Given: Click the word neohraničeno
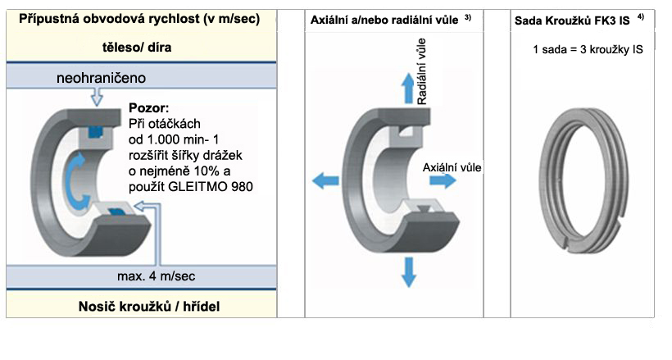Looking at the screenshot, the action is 101,78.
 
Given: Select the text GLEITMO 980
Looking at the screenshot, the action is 211,187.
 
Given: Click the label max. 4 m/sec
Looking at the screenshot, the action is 156,276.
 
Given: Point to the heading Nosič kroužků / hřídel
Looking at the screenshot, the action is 149,307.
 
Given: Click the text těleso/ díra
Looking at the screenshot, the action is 137,48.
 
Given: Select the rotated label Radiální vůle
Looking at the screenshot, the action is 422,71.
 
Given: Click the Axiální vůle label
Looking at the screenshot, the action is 452,167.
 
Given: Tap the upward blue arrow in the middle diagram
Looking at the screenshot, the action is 408,89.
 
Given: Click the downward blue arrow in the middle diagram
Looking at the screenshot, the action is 409,272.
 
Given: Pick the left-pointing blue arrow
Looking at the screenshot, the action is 325,180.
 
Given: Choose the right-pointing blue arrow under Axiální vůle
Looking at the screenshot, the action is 443,180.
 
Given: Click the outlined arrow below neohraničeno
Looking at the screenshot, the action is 98,97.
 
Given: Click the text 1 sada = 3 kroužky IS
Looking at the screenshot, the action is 588,50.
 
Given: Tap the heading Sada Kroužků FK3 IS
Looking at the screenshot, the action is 572,21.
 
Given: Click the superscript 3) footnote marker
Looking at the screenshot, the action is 468,17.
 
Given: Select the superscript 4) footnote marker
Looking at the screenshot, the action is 641,16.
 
